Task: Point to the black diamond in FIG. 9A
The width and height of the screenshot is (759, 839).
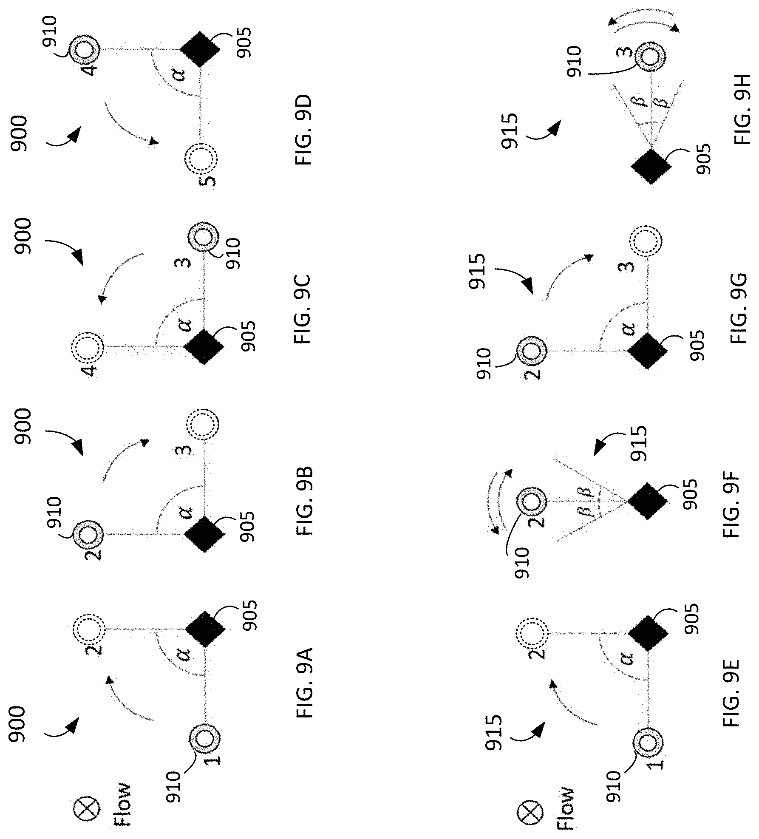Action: pos(205,629)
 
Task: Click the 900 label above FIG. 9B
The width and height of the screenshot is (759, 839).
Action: pos(23,427)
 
